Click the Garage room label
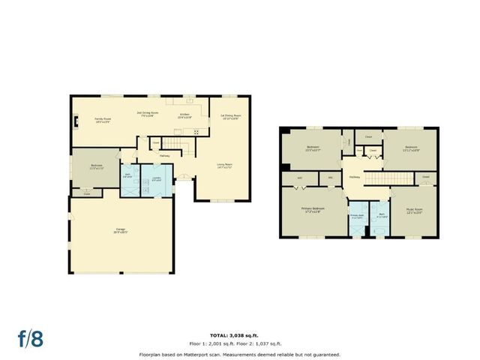pyautogui.click(x=121, y=231)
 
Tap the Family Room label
pyautogui.click(x=103, y=119)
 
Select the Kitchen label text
pyautogui.click(x=184, y=116)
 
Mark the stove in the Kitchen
pyautogui.click(x=197, y=133)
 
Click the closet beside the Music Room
pyautogui.click(x=425, y=177)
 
